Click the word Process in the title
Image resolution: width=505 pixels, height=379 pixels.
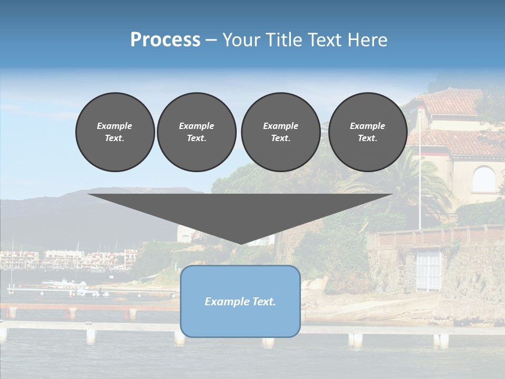(165, 40)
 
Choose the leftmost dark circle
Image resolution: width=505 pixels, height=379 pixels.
(115, 132)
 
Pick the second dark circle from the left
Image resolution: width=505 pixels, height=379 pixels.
(196, 132)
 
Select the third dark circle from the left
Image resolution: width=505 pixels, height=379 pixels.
(280, 132)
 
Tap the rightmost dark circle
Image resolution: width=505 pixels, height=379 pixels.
(367, 132)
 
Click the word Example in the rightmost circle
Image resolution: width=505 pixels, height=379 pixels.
(367, 126)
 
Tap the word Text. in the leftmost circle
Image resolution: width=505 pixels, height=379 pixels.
(115, 138)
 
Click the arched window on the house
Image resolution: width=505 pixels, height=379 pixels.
(483, 179)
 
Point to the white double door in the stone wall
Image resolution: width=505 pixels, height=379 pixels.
(429, 270)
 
